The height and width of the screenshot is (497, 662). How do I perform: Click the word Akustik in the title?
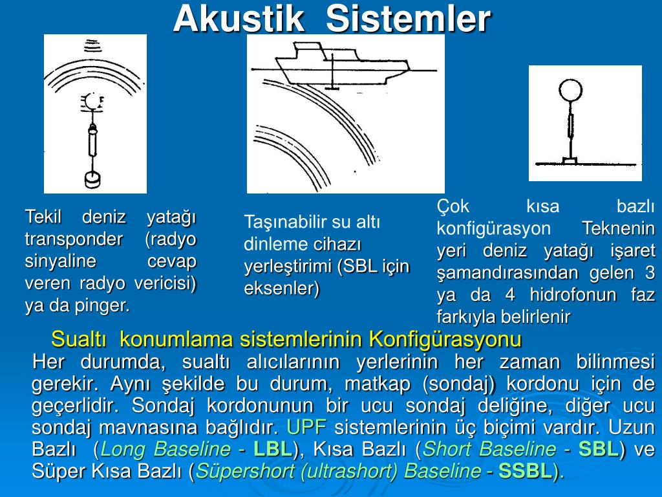239,19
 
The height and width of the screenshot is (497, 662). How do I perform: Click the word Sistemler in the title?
409,19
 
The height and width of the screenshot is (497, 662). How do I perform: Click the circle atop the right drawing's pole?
570,90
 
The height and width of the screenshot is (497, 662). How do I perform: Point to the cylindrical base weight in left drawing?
93,180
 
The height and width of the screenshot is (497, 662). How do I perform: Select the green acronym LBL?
273,449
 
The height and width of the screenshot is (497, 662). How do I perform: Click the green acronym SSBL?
526,471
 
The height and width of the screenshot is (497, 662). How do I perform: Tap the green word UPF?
306,427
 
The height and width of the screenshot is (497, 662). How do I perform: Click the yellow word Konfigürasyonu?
445,339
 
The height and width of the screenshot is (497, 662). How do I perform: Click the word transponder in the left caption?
74,239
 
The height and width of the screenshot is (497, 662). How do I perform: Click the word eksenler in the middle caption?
282,288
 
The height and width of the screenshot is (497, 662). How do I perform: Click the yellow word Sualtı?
78,339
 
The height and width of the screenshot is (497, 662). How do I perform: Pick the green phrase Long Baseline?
165,449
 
